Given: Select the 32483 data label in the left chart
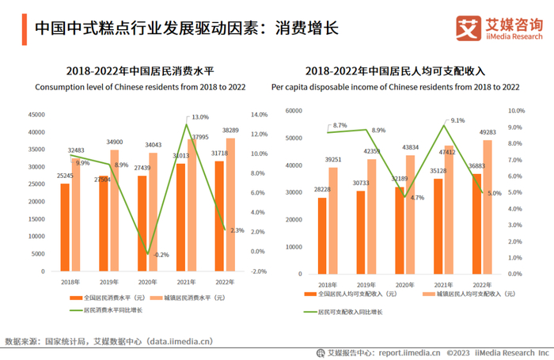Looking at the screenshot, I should point(76,150).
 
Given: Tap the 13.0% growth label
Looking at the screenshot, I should point(200,117).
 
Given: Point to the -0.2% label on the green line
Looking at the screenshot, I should point(161,255).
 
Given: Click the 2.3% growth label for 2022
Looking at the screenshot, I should point(237,231).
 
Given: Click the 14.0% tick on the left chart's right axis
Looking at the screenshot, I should point(259,115).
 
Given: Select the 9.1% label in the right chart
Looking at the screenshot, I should point(457,120).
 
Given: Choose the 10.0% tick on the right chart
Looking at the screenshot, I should point(516,111).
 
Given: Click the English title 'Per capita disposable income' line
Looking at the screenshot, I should point(395,86).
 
